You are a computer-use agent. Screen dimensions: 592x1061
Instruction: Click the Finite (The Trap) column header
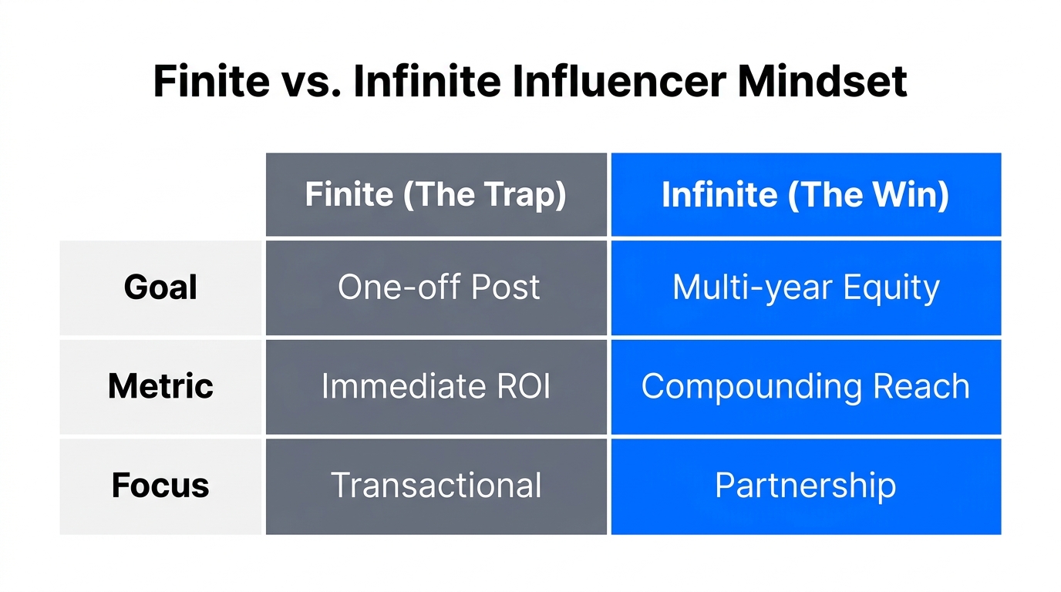click(x=436, y=195)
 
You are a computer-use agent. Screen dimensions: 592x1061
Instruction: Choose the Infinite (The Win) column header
click(x=806, y=195)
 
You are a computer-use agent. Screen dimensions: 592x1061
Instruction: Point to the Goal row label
click(x=160, y=288)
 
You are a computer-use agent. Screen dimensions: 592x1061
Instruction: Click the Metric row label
click(x=160, y=386)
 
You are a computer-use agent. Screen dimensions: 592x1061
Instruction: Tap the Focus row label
click(x=160, y=486)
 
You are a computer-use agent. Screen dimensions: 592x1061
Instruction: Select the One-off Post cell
click(x=436, y=288)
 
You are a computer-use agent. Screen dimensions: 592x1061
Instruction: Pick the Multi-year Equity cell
click(x=806, y=288)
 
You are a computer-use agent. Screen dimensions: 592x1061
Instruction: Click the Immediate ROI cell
click(x=436, y=386)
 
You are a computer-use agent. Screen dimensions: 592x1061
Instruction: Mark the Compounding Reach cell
click(x=806, y=386)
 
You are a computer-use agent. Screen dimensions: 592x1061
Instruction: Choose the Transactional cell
click(x=436, y=486)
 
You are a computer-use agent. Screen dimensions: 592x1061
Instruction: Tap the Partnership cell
click(x=806, y=486)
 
